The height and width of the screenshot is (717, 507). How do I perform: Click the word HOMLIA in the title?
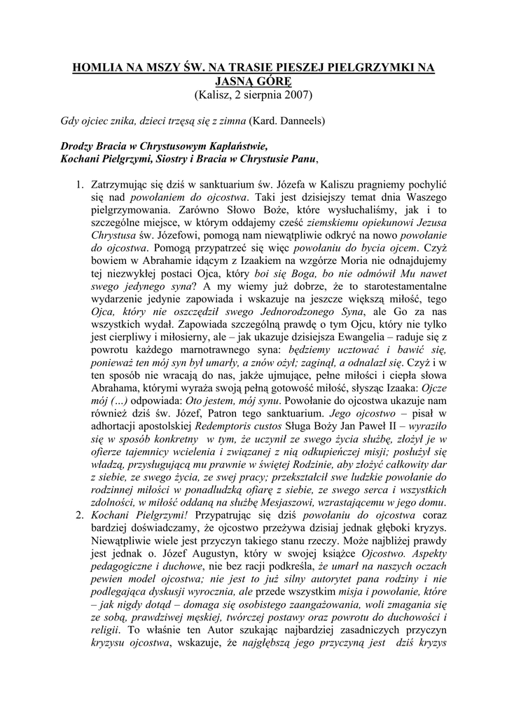coord(98,68)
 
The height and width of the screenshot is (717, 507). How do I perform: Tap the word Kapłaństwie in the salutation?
coord(233,147)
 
